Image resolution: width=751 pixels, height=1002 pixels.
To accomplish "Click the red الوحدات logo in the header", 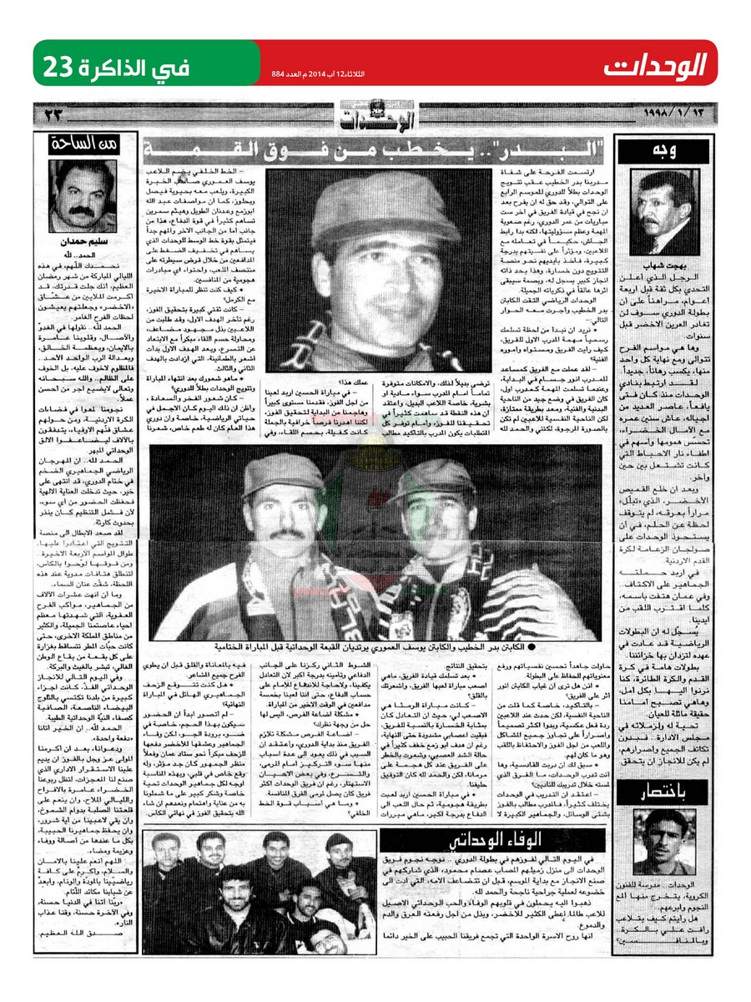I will pos(655,63).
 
